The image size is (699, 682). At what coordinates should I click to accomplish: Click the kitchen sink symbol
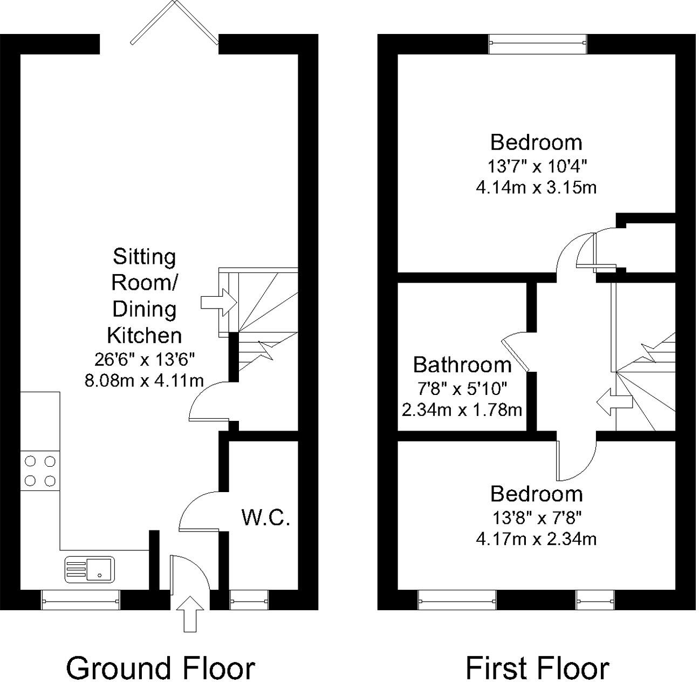(x=90, y=569)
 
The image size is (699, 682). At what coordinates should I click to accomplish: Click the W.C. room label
(x=266, y=518)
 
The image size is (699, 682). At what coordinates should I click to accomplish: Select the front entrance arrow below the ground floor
(x=190, y=613)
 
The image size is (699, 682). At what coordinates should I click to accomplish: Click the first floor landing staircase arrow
(x=614, y=402)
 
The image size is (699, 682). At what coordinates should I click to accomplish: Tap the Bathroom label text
(x=462, y=365)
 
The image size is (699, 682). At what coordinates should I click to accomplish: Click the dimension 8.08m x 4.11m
(x=144, y=380)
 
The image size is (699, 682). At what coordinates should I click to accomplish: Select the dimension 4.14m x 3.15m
(x=536, y=187)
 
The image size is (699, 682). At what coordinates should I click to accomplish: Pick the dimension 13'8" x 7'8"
(x=536, y=518)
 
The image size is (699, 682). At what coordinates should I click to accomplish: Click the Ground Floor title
(x=160, y=667)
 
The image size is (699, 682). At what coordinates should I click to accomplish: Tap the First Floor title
(x=537, y=667)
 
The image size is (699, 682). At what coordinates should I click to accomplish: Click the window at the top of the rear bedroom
(x=537, y=44)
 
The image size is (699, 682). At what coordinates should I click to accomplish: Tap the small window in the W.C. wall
(x=249, y=599)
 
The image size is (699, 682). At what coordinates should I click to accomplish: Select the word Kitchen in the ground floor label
(x=144, y=335)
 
